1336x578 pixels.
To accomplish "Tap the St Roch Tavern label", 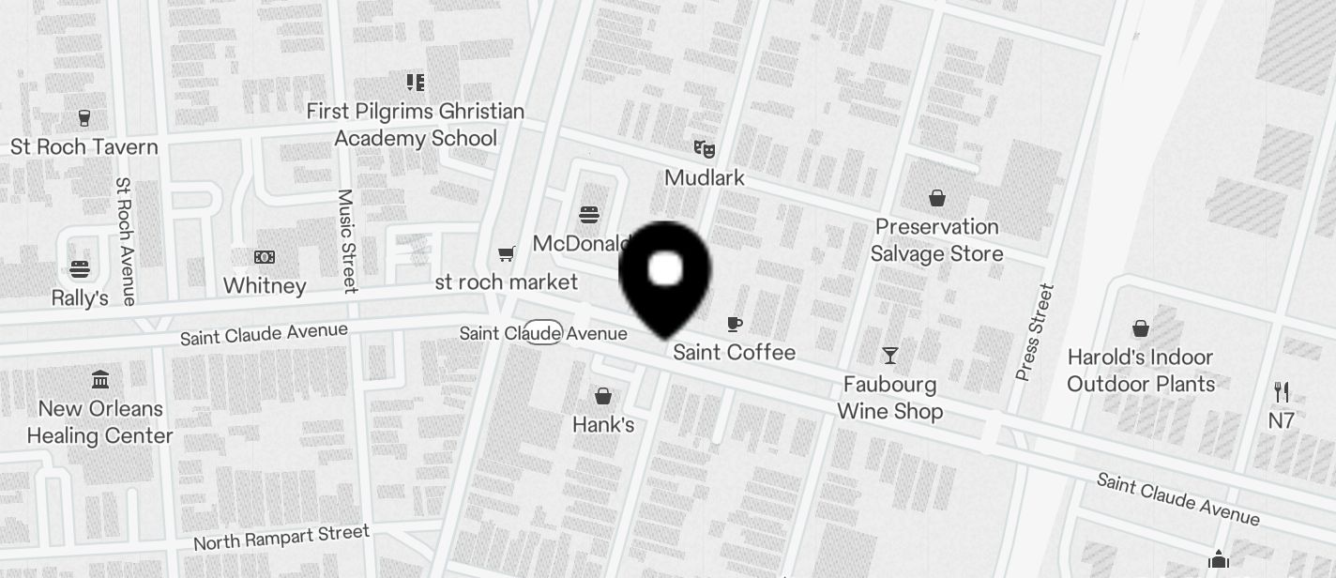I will [x=84, y=147].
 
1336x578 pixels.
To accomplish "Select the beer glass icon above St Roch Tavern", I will [x=84, y=118].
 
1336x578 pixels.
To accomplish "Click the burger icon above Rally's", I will [x=80, y=269].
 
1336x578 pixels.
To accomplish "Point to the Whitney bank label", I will [x=265, y=285].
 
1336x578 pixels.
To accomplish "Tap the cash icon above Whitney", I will [x=265, y=257].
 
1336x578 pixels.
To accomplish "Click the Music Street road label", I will [x=347, y=240].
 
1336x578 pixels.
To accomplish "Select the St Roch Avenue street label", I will [x=125, y=241].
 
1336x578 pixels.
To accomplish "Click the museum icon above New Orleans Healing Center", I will [x=100, y=380].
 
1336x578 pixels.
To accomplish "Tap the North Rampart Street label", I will [x=281, y=538].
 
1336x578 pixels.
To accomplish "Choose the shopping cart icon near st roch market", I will [x=507, y=253].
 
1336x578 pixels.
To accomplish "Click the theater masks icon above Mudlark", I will [x=704, y=148].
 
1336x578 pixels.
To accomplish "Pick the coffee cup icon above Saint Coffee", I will [x=735, y=325].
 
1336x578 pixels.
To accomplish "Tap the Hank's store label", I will [x=603, y=425].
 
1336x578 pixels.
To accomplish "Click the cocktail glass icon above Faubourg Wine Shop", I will [x=890, y=356].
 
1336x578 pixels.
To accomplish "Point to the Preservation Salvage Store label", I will [x=936, y=240].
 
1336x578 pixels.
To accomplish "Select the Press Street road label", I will [x=1035, y=332].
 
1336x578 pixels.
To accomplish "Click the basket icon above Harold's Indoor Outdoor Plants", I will [x=1141, y=328].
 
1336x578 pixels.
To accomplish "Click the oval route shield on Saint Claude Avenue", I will [x=542, y=332].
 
